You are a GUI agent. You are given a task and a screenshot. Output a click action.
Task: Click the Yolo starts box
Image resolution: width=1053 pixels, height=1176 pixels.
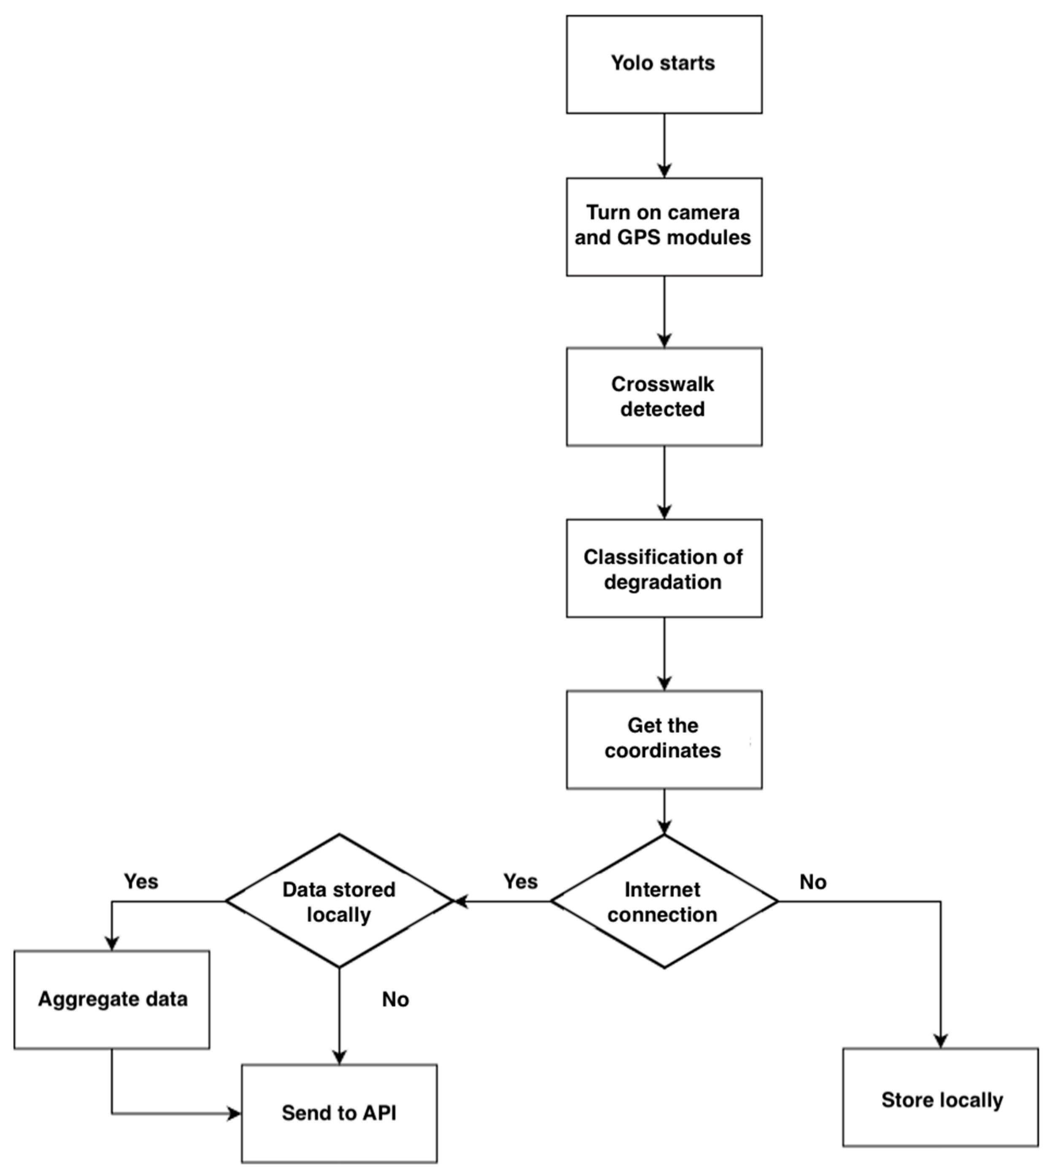664,64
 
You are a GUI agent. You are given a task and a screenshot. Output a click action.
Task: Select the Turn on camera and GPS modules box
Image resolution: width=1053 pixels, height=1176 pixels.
664,227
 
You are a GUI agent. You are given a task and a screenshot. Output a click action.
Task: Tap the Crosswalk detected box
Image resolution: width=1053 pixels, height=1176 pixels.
664,397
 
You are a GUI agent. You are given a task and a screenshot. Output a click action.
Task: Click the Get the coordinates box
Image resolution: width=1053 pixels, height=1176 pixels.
664,739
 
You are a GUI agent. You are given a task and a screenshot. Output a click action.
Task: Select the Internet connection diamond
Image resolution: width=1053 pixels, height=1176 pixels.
664,902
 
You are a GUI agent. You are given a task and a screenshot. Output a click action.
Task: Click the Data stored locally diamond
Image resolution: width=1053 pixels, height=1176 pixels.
339,902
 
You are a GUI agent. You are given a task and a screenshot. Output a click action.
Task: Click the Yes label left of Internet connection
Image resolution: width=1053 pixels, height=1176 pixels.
520,881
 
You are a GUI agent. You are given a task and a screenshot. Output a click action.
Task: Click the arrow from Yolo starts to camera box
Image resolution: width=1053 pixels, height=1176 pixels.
664,145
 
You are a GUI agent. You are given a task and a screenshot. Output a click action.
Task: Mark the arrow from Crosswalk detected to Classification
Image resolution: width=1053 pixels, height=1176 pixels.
664,483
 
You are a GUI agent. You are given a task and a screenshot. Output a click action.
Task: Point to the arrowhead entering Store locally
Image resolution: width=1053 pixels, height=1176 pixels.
941,1040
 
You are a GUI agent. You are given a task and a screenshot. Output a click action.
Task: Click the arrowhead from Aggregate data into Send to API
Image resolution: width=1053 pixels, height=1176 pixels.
234,1113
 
